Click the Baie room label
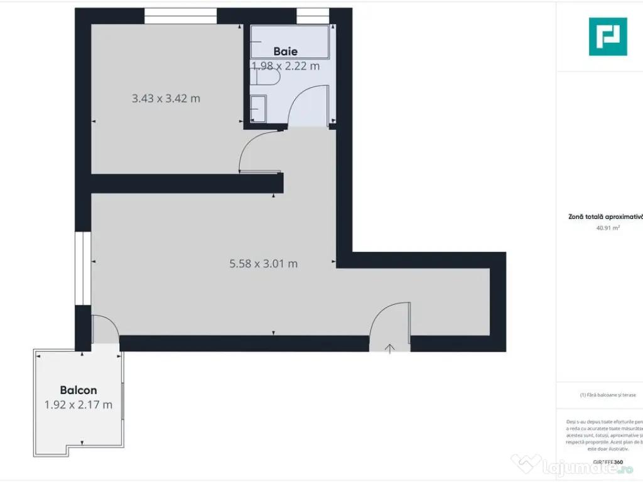coord(285,51)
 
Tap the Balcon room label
coord(78,390)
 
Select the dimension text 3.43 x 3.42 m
coord(166,98)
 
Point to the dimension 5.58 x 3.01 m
coord(264,264)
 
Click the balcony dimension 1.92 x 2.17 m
coord(78,405)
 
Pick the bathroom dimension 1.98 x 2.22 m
coord(286,65)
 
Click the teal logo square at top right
coord(607,36)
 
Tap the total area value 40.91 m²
coord(608,228)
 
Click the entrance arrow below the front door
coord(390,348)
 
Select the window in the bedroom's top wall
coord(180,16)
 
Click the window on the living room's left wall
coord(83,269)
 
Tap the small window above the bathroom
coord(313,16)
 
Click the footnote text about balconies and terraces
coord(608,395)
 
